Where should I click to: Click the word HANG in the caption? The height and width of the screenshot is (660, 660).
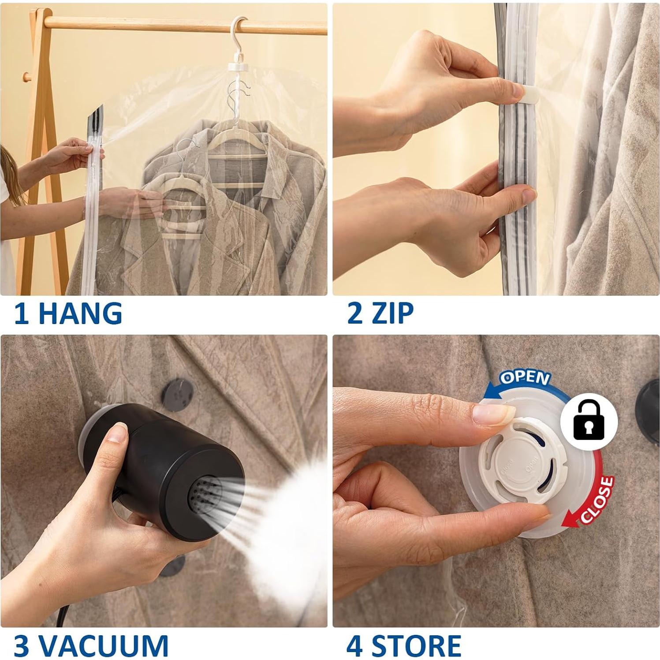point(80,313)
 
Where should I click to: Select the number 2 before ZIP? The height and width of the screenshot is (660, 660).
point(355,313)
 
